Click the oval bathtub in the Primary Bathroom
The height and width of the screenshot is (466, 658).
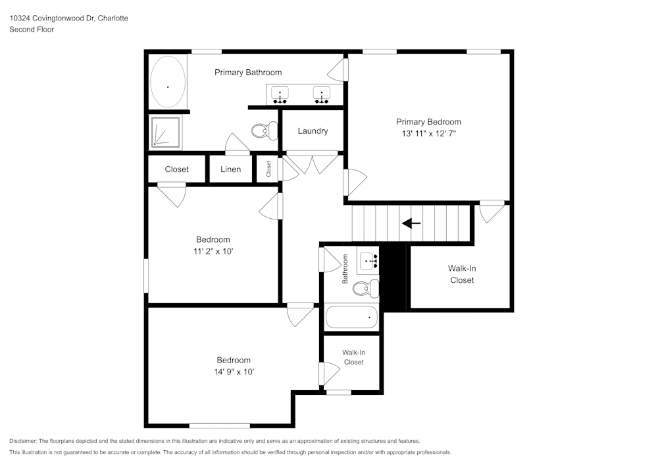[168, 82]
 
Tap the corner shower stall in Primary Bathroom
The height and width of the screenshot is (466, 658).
[164, 131]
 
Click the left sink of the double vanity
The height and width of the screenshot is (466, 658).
[281, 96]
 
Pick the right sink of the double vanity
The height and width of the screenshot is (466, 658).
[321, 96]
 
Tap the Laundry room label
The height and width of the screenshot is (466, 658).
[313, 131]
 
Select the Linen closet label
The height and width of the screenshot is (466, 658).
[230, 169]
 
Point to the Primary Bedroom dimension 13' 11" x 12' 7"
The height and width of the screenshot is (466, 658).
[428, 133]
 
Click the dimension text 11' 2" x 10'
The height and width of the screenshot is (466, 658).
[213, 251]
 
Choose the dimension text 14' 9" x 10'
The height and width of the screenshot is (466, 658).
[234, 372]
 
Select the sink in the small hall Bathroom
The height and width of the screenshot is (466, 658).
[368, 262]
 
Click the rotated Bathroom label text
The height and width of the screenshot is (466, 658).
[345, 270]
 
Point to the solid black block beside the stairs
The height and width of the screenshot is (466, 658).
[395, 277]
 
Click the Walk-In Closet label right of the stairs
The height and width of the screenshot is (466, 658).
[461, 274]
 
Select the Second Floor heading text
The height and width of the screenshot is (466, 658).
[32, 30]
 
